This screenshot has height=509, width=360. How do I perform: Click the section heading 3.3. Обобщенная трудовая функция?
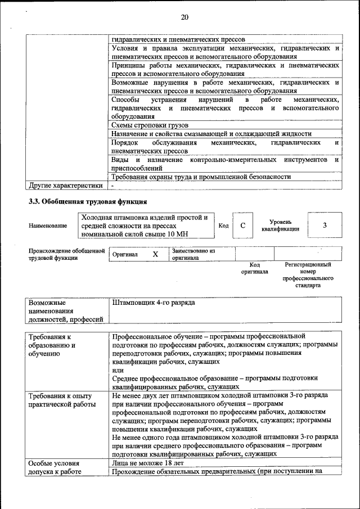(x=88, y=201)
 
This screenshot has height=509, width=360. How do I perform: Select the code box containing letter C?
(x=242, y=226)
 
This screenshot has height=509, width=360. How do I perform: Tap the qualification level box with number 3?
(x=325, y=226)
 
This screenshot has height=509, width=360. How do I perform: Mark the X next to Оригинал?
(x=156, y=254)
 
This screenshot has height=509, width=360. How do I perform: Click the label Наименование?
(x=48, y=226)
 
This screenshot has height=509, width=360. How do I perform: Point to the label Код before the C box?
(x=223, y=226)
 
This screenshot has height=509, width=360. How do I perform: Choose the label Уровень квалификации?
(x=280, y=226)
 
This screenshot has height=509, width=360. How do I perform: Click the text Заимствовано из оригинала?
(x=194, y=254)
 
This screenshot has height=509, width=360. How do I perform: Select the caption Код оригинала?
(x=254, y=268)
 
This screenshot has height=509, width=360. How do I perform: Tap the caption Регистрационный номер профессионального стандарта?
(x=308, y=274)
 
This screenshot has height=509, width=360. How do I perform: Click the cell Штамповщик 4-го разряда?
(x=154, y=303)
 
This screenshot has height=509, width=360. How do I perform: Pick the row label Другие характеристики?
(x=65, y=185)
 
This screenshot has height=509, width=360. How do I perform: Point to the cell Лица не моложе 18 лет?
(x=148, y=463)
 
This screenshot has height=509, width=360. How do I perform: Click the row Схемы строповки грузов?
(x=150, y=125)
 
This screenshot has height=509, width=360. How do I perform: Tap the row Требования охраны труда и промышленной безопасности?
(x=201, y=177)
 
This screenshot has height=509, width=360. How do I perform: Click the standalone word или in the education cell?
(x=118, y=370)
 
